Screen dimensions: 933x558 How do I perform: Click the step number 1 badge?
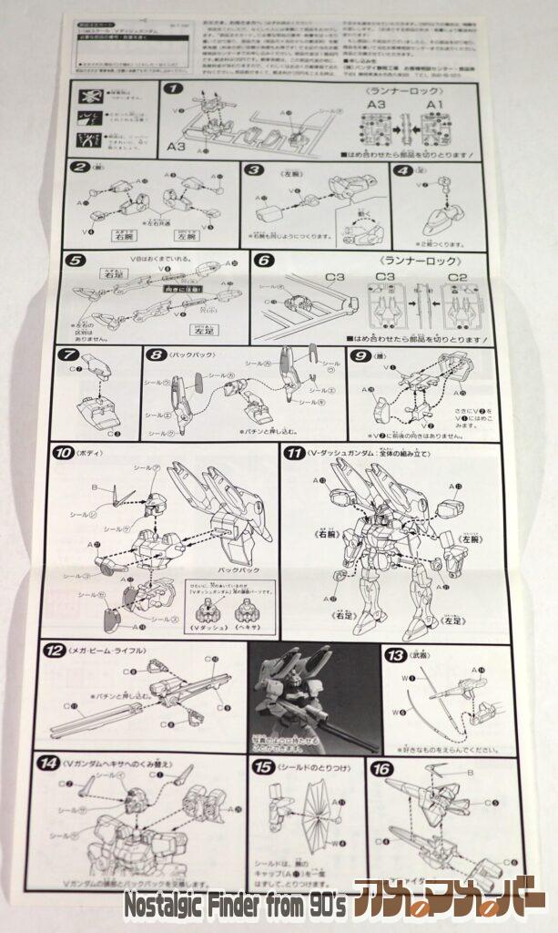[x=172, y=90]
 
